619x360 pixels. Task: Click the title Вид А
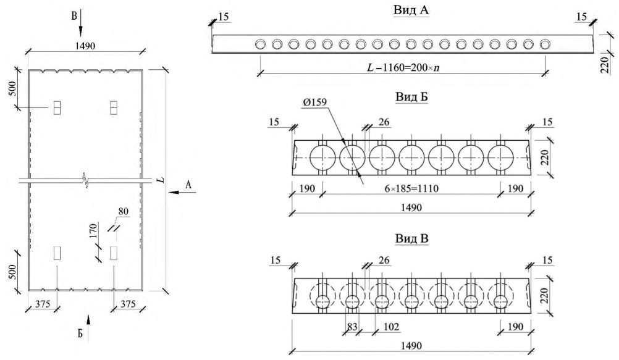[x=411, y=10]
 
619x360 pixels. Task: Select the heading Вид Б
[x=411, y=97]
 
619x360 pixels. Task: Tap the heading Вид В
[x=411, y=238]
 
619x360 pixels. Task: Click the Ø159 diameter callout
[x=314, y=103]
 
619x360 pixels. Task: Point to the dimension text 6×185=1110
[x=411, y=188]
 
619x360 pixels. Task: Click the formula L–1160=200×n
[x=403, y=67]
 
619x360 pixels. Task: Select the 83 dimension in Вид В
[x=352, y=327]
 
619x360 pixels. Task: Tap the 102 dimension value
[x=391, y=327]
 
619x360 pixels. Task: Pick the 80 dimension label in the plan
[x=123, y=212]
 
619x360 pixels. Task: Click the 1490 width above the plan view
[x=85, y=46]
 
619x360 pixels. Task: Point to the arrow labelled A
[x=180, y=192]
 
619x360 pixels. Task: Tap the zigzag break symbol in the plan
[x=85, y=180]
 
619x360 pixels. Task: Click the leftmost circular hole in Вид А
[x=260, y=44]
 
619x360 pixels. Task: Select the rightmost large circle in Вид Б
[x=500, y=157]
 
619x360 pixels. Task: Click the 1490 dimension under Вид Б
[x=411, y=207]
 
